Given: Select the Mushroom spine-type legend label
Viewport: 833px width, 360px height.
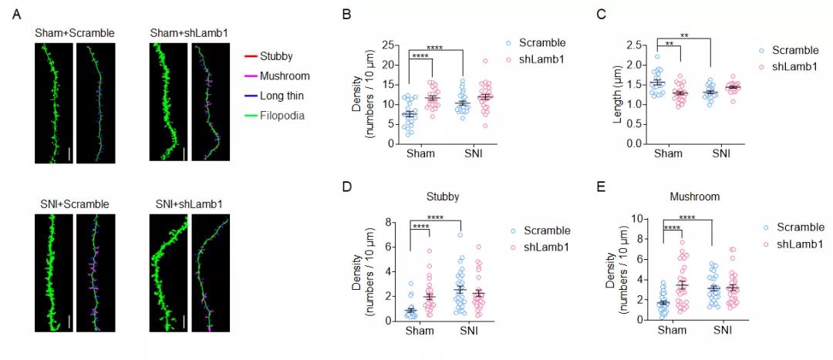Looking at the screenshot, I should [x=285, y=76].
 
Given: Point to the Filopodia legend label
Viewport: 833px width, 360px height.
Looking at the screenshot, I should [x=282, y=116].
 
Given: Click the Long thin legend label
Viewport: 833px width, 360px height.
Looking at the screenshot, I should [x=282, y=96].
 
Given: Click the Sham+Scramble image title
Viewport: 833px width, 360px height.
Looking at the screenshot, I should [x=75, y=33].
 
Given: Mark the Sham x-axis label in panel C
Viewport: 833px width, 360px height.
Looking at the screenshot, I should [x=667, y=153].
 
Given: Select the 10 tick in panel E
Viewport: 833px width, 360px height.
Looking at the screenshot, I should [x=637, y=219].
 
